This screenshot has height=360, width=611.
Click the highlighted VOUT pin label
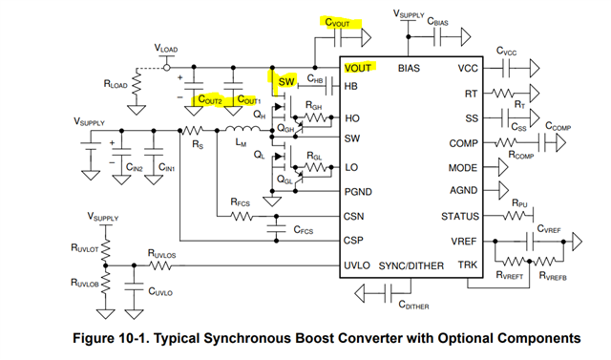point(358,68)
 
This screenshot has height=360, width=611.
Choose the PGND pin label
point(359,192)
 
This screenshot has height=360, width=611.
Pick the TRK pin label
point(467,265)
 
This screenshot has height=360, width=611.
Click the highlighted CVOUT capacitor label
point(341,21)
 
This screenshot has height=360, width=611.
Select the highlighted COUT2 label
point(209,100)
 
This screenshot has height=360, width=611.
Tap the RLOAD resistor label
point(116,85)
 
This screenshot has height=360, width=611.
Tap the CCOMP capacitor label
point(560,125)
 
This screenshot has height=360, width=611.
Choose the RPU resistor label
point(520,203)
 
